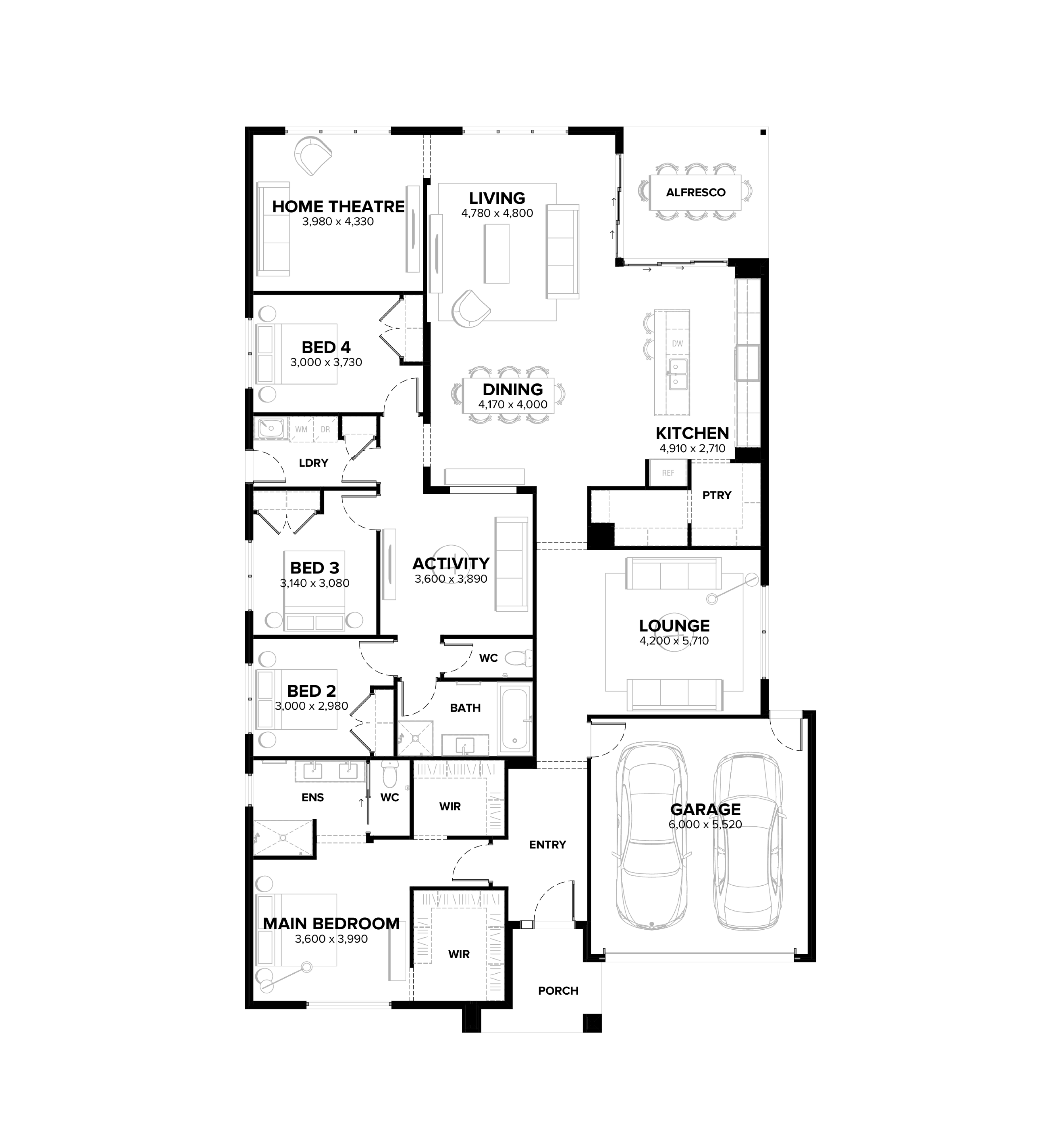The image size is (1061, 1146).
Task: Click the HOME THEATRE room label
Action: point(338,207)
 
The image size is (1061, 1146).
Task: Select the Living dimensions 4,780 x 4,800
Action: point(497,213)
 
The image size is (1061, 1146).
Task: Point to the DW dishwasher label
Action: point(678,343)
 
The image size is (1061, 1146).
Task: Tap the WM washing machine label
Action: point(301,429)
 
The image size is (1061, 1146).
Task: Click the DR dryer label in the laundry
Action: point(326,429)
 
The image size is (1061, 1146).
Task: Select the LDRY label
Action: point(313,463)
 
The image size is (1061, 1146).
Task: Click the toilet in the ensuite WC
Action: point(390,775)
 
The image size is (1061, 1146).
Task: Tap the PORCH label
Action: point(558,990)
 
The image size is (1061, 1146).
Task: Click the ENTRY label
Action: point(548,845)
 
